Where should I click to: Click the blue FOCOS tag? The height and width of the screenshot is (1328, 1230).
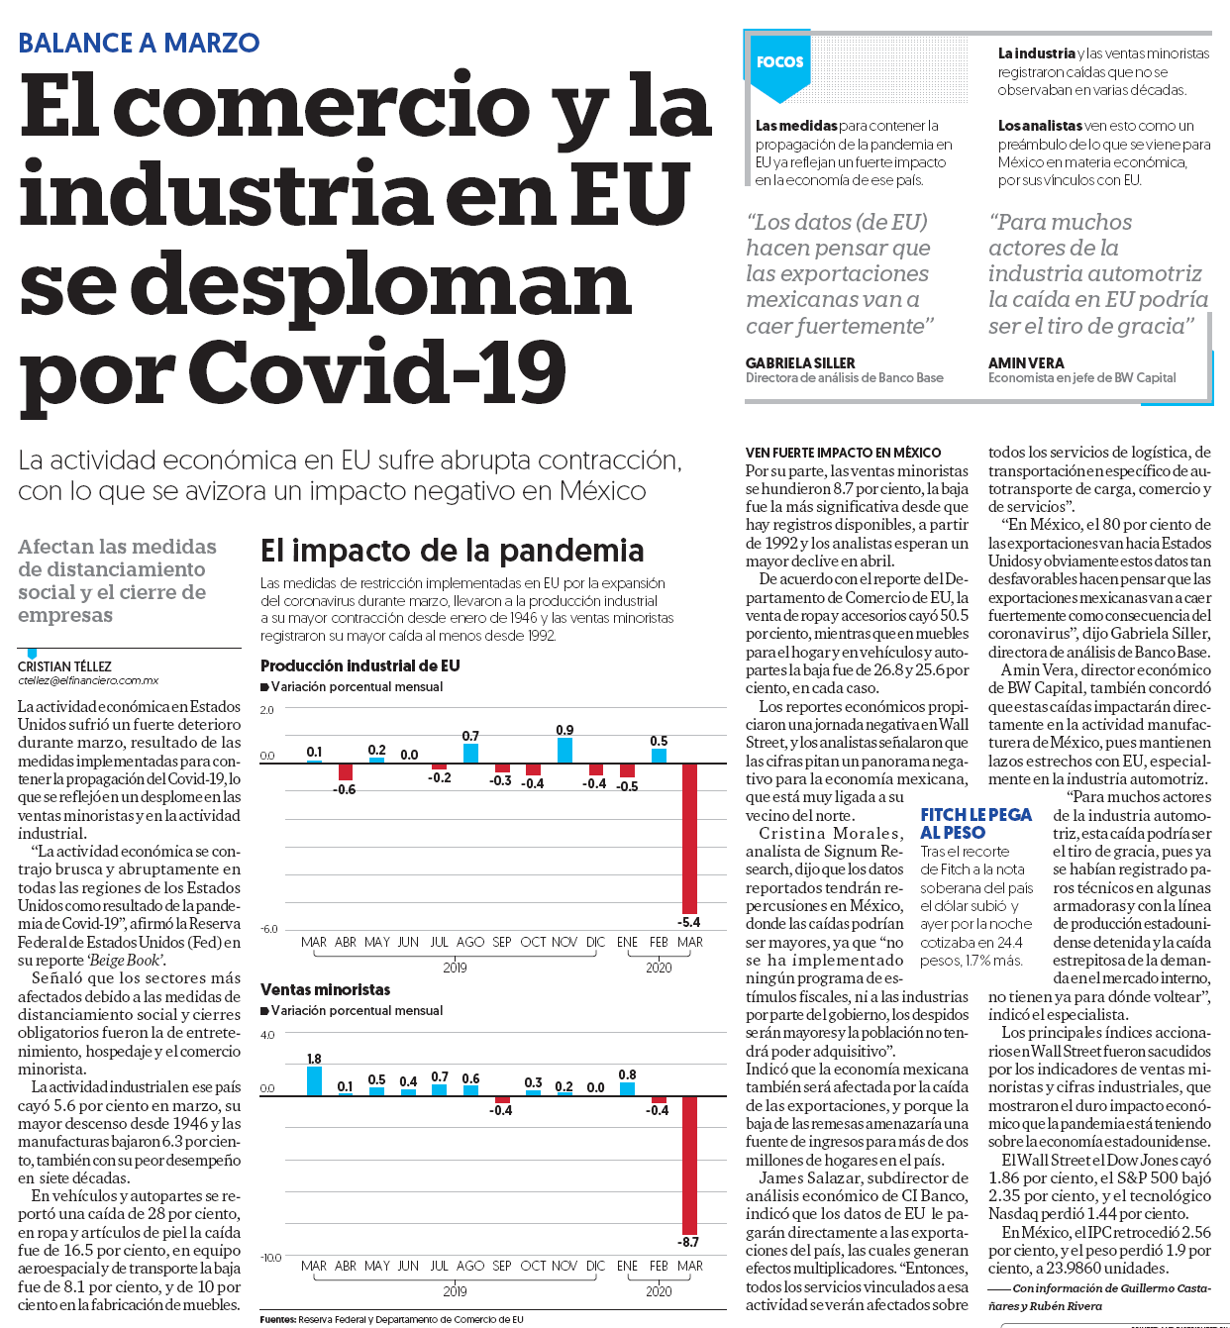779,65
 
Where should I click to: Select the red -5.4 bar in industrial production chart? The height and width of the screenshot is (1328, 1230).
689,839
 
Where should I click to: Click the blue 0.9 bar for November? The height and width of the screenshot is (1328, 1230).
564,751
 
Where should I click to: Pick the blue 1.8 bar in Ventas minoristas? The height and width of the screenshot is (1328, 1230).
314,1081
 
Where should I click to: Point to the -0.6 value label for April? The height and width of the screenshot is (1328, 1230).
345,789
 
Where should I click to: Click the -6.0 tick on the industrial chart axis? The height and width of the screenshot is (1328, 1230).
267,929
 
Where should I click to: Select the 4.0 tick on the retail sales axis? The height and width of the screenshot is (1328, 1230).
267,1035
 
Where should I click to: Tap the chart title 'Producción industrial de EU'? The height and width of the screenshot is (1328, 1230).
359,666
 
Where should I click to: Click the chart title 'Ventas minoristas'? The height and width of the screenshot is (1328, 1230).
325,989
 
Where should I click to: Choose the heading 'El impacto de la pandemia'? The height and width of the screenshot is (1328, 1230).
453,551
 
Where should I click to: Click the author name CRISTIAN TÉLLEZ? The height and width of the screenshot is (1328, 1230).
65,666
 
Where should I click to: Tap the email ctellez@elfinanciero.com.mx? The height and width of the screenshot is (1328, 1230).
88,680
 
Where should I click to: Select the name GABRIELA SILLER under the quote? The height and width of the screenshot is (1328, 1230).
800,363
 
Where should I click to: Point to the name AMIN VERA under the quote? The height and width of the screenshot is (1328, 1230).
1026,363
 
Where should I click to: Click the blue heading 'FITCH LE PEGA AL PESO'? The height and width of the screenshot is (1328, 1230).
975,823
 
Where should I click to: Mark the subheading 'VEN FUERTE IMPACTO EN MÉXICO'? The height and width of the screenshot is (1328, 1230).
843,453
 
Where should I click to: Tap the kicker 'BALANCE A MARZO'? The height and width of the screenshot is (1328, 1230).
139,43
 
